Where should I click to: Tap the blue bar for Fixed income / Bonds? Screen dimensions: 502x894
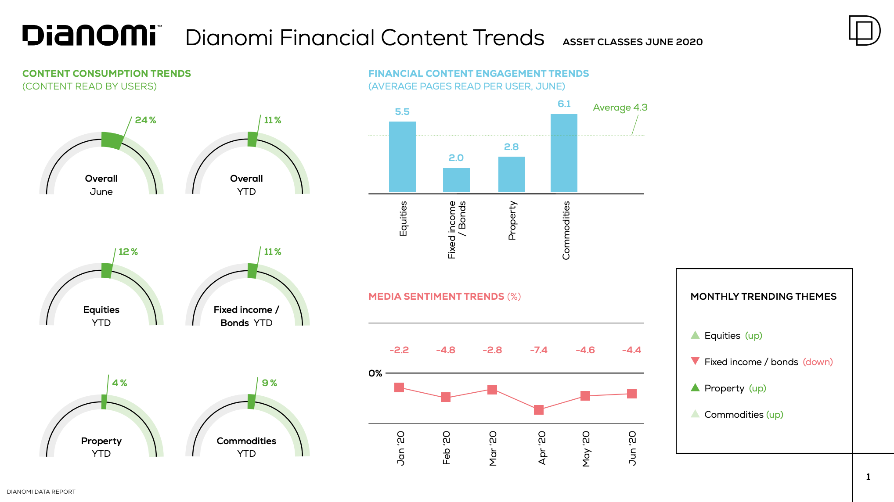tap(456, 180)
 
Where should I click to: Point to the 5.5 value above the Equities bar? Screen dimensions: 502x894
tap(402, 112)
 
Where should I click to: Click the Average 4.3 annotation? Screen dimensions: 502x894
tap(620, 108)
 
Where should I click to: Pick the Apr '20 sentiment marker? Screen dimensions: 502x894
tap(539, 410)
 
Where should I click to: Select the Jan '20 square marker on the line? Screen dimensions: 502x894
tap(399, 387)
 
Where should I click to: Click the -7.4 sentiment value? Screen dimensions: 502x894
tap(538, 350)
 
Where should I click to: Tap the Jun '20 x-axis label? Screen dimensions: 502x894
tap(632, 448)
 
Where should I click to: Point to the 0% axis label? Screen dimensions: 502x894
tap(375, 373)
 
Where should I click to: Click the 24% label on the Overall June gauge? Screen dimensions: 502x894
tap(145, 120)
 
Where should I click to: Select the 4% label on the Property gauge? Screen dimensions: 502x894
tap(119, 383)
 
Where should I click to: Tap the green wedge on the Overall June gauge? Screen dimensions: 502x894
tap(112, 140)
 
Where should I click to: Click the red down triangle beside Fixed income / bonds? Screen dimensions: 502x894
tap(695, 361)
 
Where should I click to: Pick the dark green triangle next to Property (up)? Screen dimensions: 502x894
tap(695, 387)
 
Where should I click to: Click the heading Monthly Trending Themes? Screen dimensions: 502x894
tap(763, 297)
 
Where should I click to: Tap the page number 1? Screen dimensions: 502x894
tap(868, 477)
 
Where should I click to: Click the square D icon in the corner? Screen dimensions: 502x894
tap(864, 30)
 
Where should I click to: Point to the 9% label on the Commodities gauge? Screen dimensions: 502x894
tap(269, 383)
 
